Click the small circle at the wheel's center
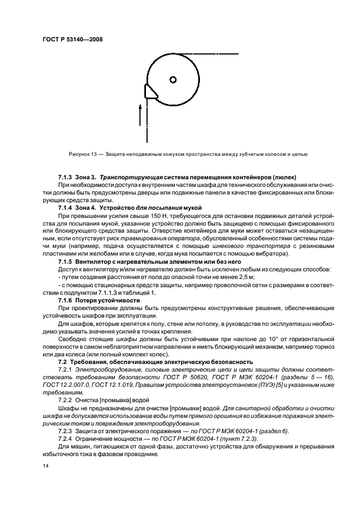[x=173, y=80]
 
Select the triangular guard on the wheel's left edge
[x=150, y=91]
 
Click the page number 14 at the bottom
[x=46, y=466]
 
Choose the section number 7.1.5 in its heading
[x=66, y=262]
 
